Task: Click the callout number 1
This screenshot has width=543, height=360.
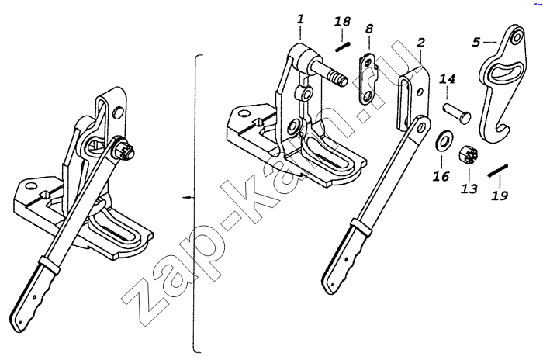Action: pyautogui.click(x=300, y=19)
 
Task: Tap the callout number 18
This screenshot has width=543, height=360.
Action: pyautogui.click(x=343, y=22)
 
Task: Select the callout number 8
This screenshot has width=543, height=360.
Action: pyautogui.click(x=369, y=29)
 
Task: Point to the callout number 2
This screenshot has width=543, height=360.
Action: pyautogui.click(x=420, y=43)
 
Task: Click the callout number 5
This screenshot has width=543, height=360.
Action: pyautogui.click(x=476, y=42)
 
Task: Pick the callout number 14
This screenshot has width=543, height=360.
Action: pyautogui.click(x=447, y=79)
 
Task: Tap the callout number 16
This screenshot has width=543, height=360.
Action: pyautogui.click(x=441, y=176)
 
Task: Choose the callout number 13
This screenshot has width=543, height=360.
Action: pyautogui.click(x=469, y=189)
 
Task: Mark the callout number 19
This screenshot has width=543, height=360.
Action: pyautogui.click(x=500, y=196)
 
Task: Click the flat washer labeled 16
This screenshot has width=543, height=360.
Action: pyautogui.click(x=443, y=140)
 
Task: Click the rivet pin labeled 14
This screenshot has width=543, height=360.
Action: pyautogui.click(x=457, y=112)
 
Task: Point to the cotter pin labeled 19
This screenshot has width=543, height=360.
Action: pyautogui.click(x=498, y=171)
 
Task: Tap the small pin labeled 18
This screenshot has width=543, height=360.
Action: pyautogui.click(x=343, y=47)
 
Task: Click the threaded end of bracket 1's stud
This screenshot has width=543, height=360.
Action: pyautogui.click(x=339, y=78)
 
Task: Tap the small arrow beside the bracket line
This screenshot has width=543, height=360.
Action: pyautogui.click(x=188, y=198)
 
